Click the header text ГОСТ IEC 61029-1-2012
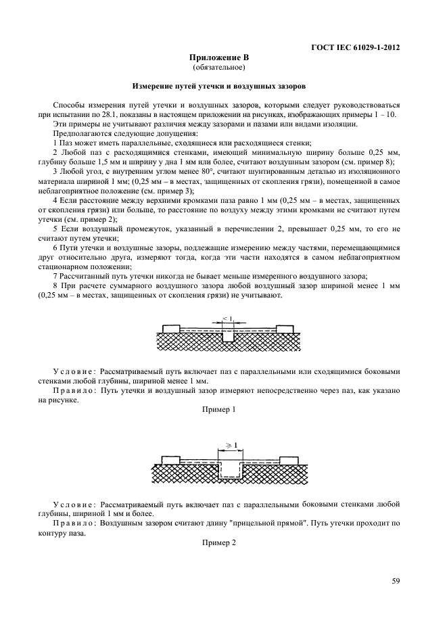[x=355, y=48]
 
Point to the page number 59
[x=396, y=580]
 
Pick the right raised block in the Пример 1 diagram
[x=285, y=329]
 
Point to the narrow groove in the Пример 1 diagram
[x=229, y=336]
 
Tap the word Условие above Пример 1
[x=74, y=371]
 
